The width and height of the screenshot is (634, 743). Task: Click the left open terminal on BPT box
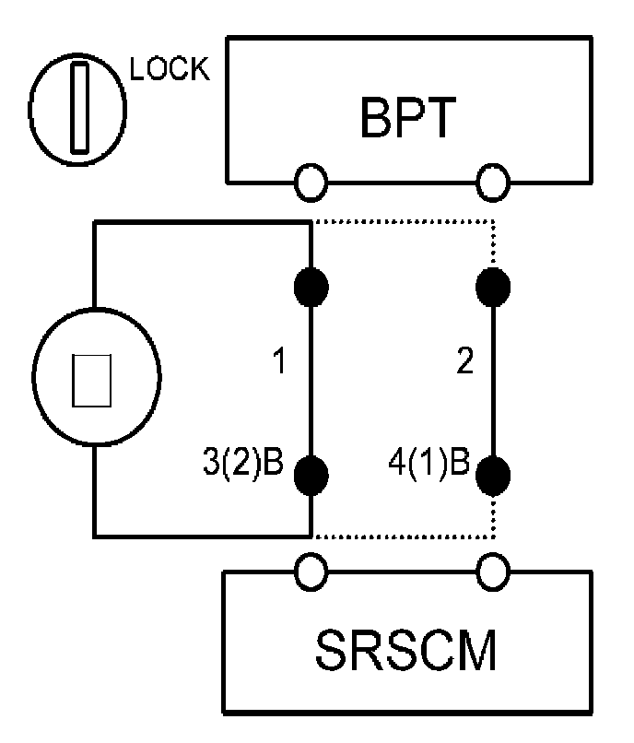point(311,182)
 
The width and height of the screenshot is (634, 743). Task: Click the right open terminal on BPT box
point(493,182)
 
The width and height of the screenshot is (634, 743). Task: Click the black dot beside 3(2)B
point(311,475)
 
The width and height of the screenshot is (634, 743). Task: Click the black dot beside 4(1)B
point(493,475)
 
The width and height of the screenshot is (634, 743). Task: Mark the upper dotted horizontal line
point(404,221)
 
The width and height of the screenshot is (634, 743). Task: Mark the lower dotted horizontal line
point(404,536)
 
